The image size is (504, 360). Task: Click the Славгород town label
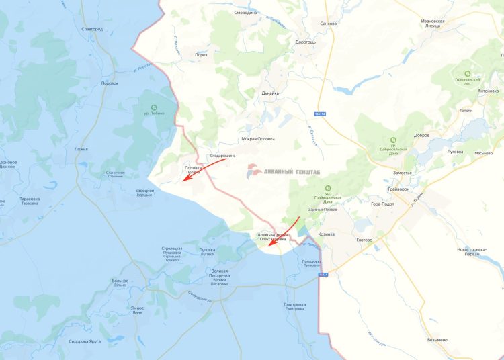point(91,30)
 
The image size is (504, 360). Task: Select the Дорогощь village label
point(305,42)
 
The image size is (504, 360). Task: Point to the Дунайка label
point(270,93)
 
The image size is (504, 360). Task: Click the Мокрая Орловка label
point(258,139)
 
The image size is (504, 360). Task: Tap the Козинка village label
point(327,234)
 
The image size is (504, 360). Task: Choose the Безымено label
point(437,340)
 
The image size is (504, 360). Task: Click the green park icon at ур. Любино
point(155,107)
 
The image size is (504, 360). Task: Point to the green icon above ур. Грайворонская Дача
point(327,188)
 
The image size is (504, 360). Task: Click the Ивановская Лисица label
point(433,24)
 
